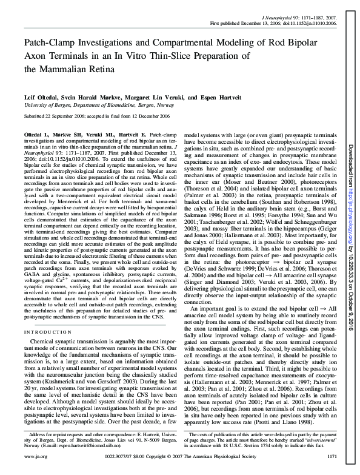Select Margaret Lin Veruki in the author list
149,96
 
